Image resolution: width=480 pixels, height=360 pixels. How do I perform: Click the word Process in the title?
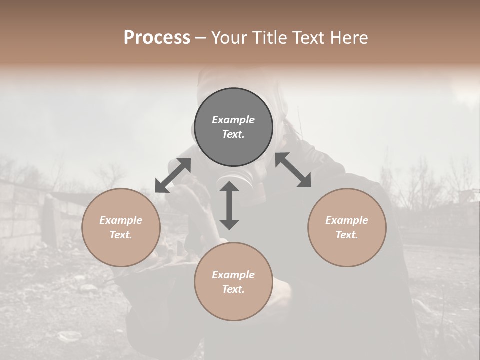[157, 38]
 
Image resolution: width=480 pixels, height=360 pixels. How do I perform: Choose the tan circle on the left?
[121, 227]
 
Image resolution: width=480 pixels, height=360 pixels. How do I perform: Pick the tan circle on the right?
[347, 227]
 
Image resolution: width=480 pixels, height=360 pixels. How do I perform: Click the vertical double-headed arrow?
[229, 205]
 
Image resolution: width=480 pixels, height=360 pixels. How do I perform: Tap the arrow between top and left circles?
[173, 175]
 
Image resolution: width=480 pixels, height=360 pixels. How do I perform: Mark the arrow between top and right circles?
[293, 170]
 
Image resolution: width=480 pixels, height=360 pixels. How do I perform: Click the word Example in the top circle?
[233, 120]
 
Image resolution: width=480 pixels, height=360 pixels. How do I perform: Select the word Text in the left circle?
[121, 235]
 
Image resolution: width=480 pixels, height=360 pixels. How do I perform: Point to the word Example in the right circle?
[347, 220]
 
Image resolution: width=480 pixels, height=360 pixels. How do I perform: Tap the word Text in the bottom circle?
[233, 289]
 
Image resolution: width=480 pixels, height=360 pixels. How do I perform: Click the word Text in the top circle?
[233, 134]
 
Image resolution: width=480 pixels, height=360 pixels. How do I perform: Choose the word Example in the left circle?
[121, 220]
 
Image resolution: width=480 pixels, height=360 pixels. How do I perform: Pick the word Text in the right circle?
[347, 235]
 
